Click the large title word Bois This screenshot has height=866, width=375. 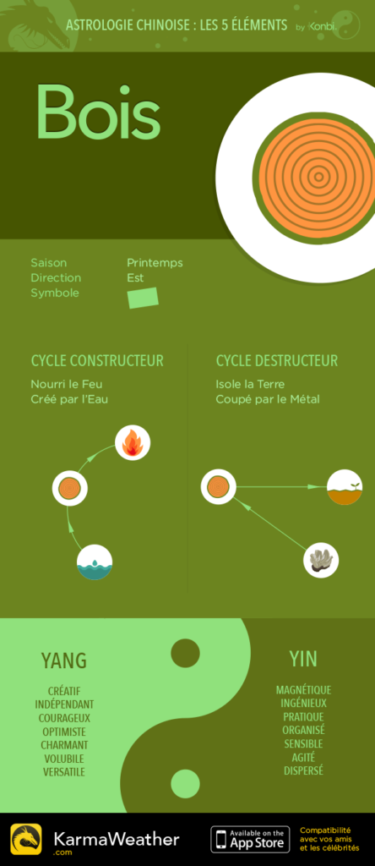tap(99, 112)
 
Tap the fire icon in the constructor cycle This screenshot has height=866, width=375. tap(133, 443)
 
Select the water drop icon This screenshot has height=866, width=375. tap(95, 562)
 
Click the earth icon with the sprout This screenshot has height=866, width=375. tap(344, 487)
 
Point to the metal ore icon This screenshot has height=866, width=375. tap(321, 560)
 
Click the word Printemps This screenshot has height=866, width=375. tap(155, 263)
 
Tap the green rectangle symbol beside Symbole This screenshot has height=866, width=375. tap(143, 298)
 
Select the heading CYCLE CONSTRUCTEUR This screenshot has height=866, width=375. tap(97, 361)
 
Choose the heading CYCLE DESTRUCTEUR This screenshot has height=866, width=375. tap(277, 361)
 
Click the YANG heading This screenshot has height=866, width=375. tap(64, 660)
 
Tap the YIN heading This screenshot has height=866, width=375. tap(303, 658)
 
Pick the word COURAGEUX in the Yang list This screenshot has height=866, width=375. tap(64, 718)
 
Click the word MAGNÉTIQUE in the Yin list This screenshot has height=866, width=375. tap(303, 690)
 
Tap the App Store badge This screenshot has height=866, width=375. tap(251, 840)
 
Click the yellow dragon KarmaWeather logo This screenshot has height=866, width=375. tap(26, 840)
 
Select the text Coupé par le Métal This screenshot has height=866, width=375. tap(268, 399)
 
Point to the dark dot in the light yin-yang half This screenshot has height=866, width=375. tap(185, 654)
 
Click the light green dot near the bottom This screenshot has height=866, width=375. tap(185, 784)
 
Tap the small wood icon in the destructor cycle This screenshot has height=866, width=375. tap(219, 486)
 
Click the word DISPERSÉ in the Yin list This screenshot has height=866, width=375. tap(303, 770)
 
